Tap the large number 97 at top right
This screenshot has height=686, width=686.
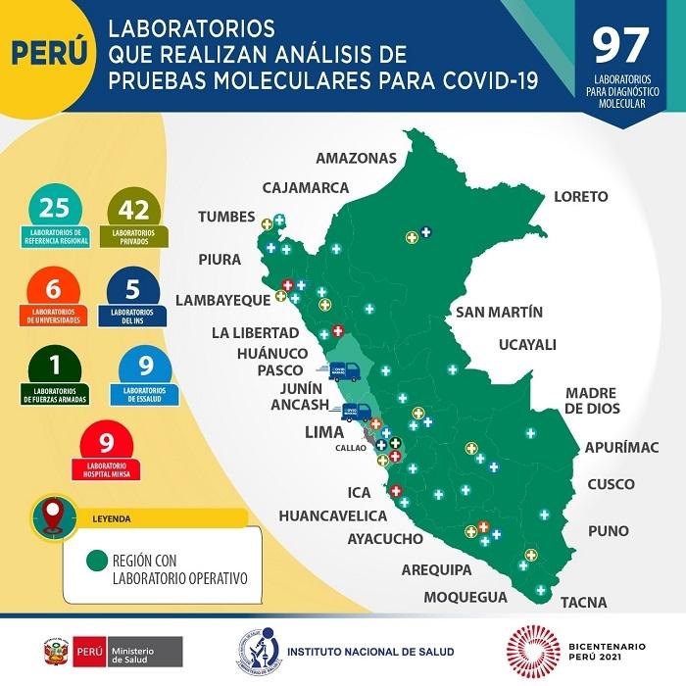(621, 45)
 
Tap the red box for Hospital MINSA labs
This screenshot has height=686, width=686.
(107, 450)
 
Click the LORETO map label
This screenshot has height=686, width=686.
(580, 196)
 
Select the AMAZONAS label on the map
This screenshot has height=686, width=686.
(356, 158)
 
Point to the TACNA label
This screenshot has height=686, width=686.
(584, 602)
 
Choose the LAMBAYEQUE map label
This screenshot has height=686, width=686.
(221, 300)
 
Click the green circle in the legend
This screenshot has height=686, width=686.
(97, 562)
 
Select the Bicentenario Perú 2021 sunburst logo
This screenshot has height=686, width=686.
(531, 651)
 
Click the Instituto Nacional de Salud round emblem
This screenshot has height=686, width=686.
(257, 651)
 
